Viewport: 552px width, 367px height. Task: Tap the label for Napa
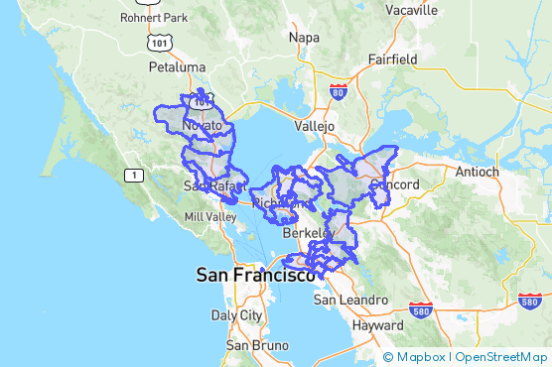tap(304, 37)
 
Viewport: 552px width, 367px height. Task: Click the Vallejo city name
tap(317, 127)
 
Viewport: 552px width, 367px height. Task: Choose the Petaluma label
tap(175, 67)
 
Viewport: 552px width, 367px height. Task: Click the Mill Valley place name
tap(210, 216)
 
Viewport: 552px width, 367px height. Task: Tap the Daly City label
tap(236, 315)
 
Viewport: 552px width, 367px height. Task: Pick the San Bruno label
tap(251, 345)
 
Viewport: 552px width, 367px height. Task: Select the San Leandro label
tap(350, 300)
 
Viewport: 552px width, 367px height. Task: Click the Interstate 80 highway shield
tap(339, 94)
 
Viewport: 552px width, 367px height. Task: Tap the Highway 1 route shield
tap(132, 175)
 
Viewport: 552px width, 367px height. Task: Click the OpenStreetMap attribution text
tap(499, 357)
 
